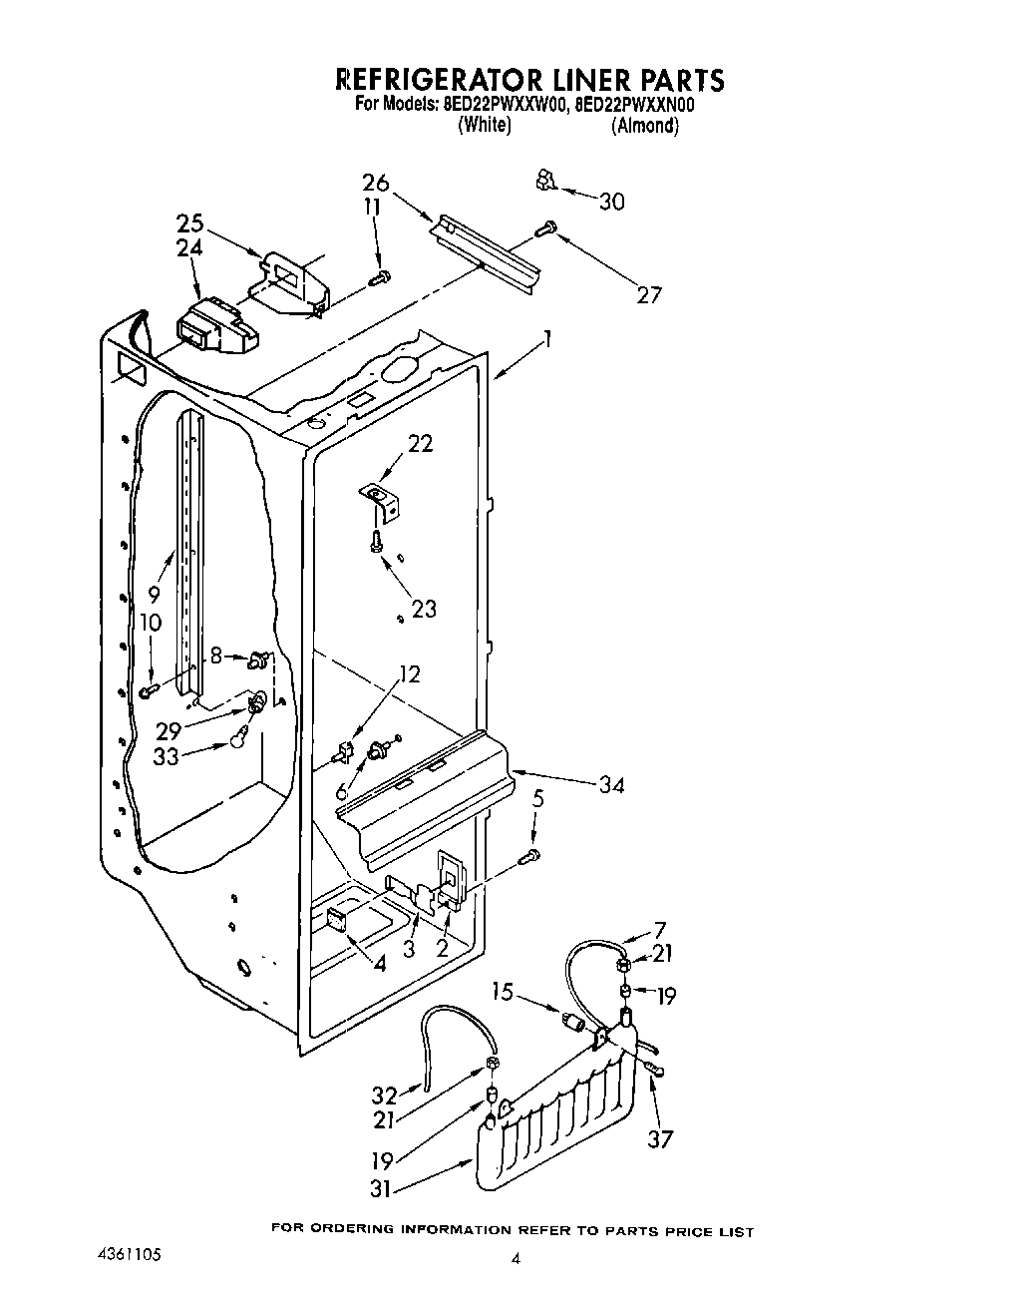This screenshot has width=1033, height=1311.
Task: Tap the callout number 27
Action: (648, 295)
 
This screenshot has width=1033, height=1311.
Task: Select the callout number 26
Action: (375, 183)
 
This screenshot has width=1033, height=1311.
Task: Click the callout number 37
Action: (660, 1138)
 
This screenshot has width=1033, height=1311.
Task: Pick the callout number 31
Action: (378, 1188)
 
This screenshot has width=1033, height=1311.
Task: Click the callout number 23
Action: (424, 608)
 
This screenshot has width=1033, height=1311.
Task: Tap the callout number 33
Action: (166, 756)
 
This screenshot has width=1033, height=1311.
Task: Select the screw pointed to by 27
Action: (544, 228)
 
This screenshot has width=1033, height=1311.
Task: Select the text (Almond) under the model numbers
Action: (645, 126)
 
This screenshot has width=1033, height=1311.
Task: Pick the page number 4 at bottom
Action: (516, 1259)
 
